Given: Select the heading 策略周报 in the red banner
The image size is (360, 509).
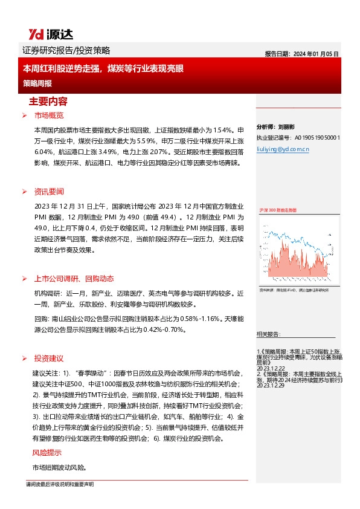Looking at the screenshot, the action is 37,82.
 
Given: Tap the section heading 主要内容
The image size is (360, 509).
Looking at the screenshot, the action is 48,101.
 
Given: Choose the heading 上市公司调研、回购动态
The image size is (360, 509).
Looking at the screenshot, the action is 74,279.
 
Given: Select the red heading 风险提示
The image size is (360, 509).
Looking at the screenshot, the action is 47,453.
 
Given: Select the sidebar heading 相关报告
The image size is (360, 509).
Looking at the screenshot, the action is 269,334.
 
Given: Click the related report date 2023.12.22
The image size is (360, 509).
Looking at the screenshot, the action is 270,366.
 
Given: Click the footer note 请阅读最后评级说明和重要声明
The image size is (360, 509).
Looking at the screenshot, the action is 60,485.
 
